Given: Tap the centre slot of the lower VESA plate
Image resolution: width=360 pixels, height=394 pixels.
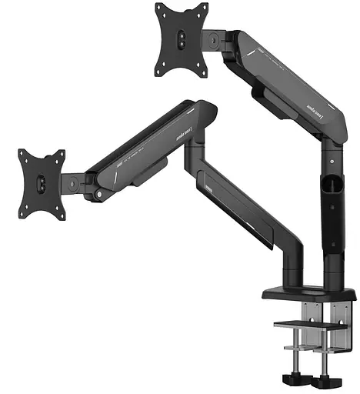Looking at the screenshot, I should (42, 183).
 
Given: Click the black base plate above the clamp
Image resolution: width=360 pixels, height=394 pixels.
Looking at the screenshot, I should (308, 294).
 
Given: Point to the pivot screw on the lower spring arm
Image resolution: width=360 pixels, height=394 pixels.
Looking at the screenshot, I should (98, 194).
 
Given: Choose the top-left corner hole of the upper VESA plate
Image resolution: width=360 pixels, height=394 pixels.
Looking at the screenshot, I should (159, 11).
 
